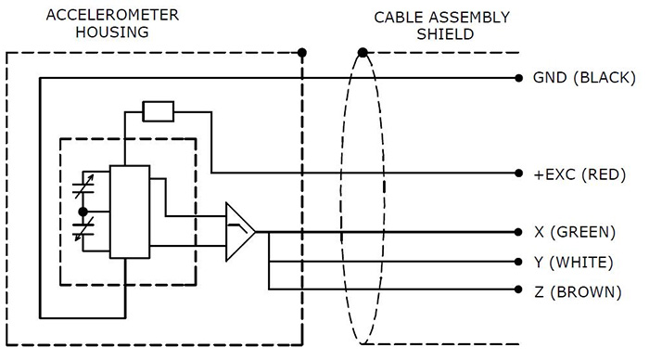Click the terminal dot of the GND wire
[516, 79]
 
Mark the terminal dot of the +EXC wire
[516, 174]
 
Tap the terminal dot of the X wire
[516, 232]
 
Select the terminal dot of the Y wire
[516, 262]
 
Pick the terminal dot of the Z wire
[516, 291]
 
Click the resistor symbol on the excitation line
[158, 112]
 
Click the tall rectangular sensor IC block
[129, 212]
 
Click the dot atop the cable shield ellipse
[363, 52]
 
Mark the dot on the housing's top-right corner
[303, 52]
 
